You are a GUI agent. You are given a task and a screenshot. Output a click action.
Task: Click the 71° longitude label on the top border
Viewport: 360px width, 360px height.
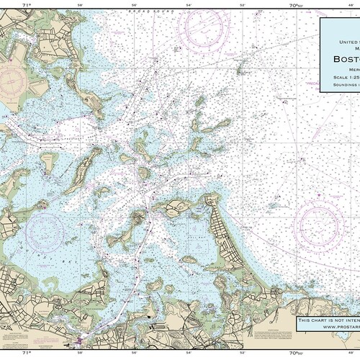[27, 5]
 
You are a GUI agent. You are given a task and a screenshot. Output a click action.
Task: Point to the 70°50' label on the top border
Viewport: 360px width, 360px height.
[295, 5]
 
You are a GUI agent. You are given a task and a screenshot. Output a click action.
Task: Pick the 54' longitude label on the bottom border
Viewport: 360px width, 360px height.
[188, 354]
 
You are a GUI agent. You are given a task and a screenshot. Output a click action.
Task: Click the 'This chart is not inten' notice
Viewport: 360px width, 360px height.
[328, 318]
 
